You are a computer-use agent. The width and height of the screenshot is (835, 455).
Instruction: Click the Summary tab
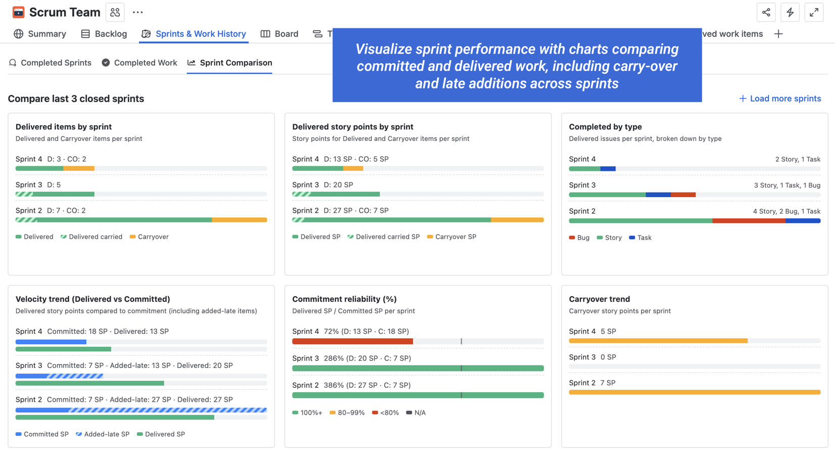pyautogui.click(x=40, y=34)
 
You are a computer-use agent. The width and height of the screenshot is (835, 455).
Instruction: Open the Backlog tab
pyautogui.click(x=104, y=34)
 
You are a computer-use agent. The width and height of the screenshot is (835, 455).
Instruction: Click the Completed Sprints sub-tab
pyautogui.click(x=50, y=63)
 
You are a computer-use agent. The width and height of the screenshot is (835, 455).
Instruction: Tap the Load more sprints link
pyautogui.click(x=780, y=99)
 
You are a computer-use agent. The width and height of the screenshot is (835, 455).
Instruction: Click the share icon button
pyautogui.click(x=766, y=13)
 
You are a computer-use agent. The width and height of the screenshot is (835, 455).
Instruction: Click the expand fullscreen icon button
pyautogui.click(x=814, y=13)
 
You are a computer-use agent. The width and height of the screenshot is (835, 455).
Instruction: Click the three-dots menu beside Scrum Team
pyautogui.click(x=137, y=13)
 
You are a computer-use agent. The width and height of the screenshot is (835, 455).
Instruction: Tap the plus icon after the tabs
pyautogui.click(x=778, y=34)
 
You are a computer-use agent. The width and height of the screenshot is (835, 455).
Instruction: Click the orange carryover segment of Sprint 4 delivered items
pyautogui.click(x=79, y=168)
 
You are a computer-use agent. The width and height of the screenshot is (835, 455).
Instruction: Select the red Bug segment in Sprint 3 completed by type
pyautogui.click(x=683, y=195)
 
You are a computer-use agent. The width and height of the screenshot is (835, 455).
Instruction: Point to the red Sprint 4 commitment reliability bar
pyautogui.click(x=352, y=342)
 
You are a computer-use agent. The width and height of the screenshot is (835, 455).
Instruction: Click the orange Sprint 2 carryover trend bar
pyautogui.click(x=694, y=392)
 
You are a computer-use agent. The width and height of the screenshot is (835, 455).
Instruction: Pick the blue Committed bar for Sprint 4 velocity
pyautogui.click(x=51, y=342)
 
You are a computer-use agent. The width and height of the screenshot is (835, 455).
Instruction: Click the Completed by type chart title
pyautogui.click(x=605, y=127)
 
